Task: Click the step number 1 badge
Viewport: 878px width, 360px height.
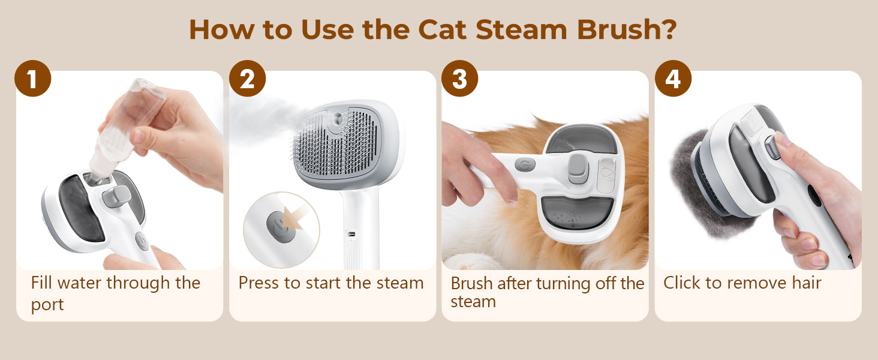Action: [x=33, y=79]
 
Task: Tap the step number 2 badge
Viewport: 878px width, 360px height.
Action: [x=247, y=79]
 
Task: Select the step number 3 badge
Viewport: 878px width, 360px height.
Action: [x=460, y=79]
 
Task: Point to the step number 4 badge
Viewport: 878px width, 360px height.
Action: [x=673, y=79]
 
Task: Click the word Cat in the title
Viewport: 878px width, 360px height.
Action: [x=442, y=30]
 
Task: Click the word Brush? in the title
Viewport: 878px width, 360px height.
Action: [x=627, y=30]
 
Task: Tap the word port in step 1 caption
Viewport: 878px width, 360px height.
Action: [x=47, y=305]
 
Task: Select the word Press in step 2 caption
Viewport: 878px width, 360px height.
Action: [x=258, y=283]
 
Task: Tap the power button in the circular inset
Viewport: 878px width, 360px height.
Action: [x=281, y=227]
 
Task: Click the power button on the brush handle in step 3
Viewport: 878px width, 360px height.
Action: [x=525, y=164]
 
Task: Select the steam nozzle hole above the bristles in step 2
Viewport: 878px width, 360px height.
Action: [x=338, y=119]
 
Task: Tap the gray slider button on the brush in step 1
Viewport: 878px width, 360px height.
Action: [x=116, y=196]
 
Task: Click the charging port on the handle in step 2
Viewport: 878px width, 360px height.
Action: [x=351, y=234]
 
